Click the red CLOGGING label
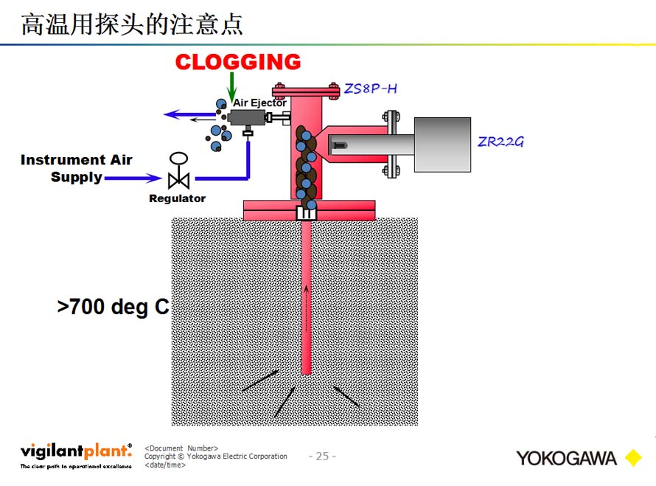237,62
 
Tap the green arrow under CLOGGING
232,88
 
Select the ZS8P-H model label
371,89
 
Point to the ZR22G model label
500,142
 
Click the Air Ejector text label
259,103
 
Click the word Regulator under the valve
177,198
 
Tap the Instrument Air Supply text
76,168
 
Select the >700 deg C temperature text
113,307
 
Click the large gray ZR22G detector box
442,145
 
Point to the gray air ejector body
247,118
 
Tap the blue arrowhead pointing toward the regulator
154,178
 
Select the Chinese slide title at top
132,24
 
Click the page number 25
322,457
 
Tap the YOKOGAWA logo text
566,458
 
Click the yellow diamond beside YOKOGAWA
632,458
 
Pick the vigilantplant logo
76,452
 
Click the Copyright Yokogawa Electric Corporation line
216,457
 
